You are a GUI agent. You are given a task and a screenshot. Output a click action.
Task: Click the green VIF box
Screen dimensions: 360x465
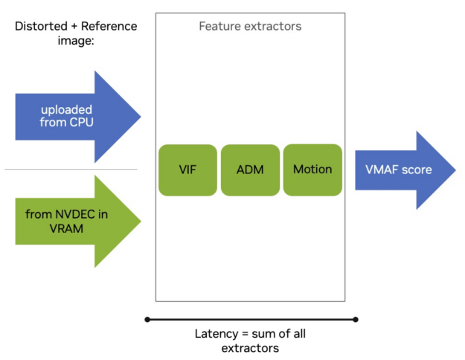point(187,170)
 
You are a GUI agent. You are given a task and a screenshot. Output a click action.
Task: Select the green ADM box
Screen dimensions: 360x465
point(250,170)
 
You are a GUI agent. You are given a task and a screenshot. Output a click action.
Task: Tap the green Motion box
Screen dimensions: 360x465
point(312,170)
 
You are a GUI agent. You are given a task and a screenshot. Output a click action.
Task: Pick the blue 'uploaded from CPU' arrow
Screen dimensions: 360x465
point(74,116)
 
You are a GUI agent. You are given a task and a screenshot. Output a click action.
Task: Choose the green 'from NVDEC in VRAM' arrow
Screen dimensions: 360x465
point(74,221)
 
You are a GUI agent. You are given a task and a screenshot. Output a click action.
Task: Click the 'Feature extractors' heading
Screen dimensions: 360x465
point(250,27)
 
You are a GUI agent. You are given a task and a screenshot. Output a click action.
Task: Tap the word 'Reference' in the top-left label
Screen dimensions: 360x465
point(109,26)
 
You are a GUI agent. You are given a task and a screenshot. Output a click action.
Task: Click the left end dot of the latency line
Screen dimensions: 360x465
point(147,320)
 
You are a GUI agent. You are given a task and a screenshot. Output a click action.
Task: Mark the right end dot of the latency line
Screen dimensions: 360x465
point(356,320)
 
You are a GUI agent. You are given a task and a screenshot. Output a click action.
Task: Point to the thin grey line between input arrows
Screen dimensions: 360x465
point(71,170)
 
